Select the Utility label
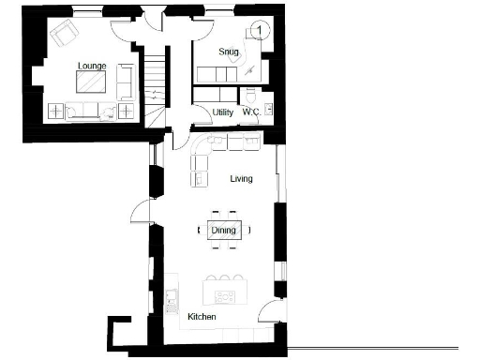pos(223,112)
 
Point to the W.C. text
pos(250,112)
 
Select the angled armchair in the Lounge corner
pos(65,35)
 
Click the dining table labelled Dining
pos(223,231)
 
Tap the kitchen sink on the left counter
pos(172,299)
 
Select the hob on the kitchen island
pos(225,296)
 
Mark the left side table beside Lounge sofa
pos(56,112)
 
